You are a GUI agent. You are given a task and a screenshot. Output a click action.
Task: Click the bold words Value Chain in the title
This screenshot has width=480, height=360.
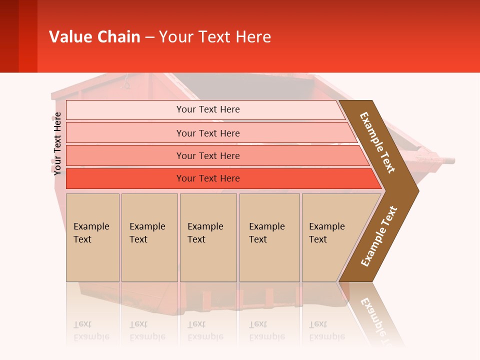(x=94, y=37)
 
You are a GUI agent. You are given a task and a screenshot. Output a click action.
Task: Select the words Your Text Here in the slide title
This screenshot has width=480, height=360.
(x=215, y=37)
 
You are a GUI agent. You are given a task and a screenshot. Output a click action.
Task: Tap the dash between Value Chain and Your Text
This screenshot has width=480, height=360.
(x=149, y=37)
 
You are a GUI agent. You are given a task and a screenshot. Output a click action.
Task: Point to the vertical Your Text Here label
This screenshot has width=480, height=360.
(x=57, y=143)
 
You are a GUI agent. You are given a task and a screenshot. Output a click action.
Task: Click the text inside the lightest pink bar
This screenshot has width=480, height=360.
(x=208, y=109)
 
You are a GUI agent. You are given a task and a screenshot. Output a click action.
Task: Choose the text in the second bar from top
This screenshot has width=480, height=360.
(x=208, y=133)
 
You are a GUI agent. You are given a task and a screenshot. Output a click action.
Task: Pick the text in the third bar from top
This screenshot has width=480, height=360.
(x=208, y=155)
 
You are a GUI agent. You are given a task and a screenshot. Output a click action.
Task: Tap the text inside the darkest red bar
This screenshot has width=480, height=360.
(x=208, y=178)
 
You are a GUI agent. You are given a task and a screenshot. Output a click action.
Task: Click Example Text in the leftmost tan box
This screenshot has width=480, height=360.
(x=91, y=233)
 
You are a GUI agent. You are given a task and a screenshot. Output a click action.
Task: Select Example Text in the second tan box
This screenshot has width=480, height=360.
(x=147, y=233)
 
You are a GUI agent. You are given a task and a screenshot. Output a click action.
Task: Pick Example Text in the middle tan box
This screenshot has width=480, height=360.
(x=205, y=233)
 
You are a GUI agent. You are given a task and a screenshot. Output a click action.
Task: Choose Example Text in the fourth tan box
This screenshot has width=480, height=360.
(x=266, y=233)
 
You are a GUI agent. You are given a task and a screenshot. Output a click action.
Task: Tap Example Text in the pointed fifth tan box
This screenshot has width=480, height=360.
(x=326, y=233)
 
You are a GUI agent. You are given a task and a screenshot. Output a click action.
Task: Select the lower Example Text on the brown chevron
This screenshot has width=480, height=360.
(x=379, y=236)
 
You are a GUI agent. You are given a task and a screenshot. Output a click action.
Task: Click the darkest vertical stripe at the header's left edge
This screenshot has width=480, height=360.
(x=9, y=36)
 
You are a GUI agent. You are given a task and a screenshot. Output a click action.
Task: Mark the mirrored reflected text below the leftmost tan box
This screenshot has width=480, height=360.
(x=91, y=330)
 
